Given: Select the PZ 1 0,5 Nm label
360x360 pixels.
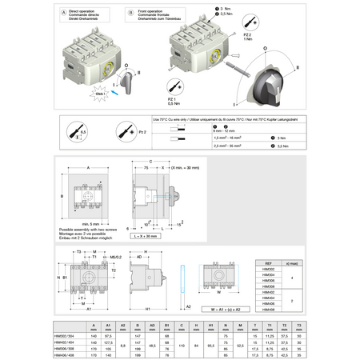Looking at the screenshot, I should coord(171,100).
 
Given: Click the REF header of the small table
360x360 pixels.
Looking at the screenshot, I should coord(269,262).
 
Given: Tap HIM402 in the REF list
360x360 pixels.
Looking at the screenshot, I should coord(269,292).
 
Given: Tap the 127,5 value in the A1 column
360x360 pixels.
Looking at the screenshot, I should coord(106,342).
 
